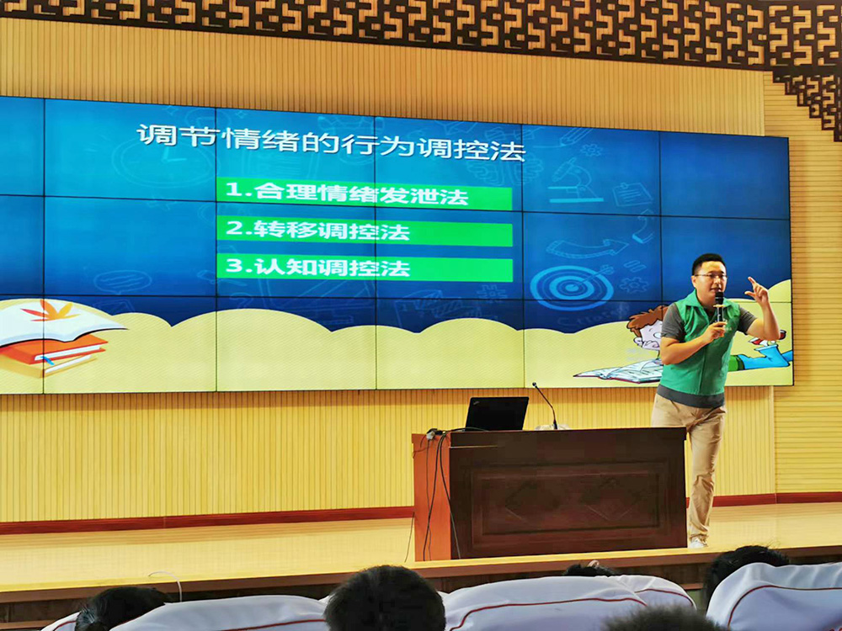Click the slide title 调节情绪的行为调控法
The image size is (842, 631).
[x=331, y=142]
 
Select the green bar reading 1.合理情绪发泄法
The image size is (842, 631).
[x=364, y=194]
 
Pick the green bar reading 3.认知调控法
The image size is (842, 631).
[x=365, y=268]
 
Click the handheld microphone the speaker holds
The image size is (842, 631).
[x=718, y=310]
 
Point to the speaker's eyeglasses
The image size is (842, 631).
[x=711, y=276]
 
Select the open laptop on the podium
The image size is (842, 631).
[x=496, y=414]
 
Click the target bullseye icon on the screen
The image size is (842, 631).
[x=572, y=287]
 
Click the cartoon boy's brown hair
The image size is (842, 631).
[x=646, y=319]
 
